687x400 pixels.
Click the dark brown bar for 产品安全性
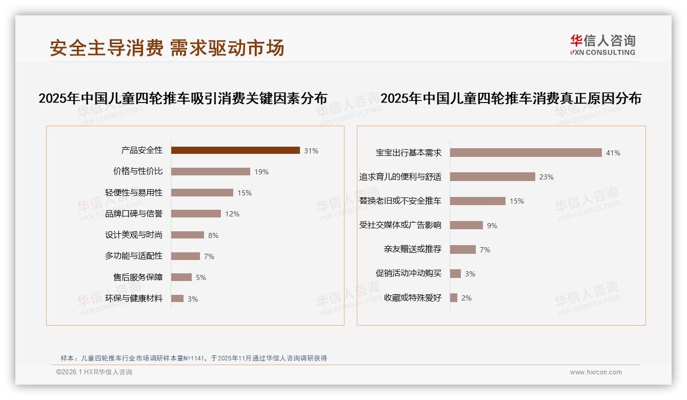point(235,150)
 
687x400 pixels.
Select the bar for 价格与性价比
point(210,171)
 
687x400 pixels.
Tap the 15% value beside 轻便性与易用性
point(245,193)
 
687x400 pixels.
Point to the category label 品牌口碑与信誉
point(134,214)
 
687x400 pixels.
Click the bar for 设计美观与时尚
point(187,235)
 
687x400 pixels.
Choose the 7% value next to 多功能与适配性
point(209,256)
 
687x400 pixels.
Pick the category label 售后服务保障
point(138,277)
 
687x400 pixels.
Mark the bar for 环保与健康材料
point(177,298)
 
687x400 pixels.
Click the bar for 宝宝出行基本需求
point(526,152)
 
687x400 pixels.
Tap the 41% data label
point(613,153)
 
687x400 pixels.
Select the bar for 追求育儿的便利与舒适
point(492,176)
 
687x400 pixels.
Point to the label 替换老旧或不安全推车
point(400,201)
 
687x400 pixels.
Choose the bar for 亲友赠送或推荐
point(462,249)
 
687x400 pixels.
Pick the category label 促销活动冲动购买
point(409,273)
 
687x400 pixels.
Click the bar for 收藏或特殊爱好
point(453,297)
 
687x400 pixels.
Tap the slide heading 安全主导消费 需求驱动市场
point(167,48)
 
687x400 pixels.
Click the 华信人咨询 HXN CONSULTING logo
point(602,45)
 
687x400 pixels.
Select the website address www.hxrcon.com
point(596,372)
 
